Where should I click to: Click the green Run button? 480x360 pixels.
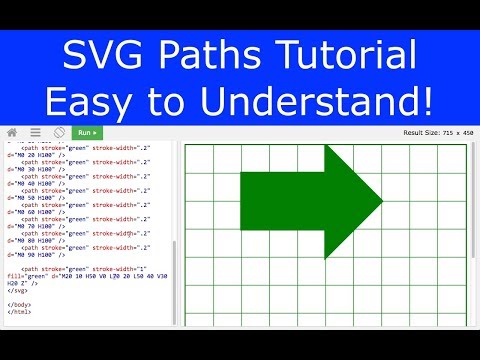pos(87,132)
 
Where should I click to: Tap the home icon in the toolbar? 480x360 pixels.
pos(12,132)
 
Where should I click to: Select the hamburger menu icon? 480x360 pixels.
pos(35,132)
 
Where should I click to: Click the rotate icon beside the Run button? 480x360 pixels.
pos(59,132)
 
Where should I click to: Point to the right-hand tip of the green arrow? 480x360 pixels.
pos(383,201)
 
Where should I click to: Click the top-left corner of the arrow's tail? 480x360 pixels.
pos(241,173)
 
